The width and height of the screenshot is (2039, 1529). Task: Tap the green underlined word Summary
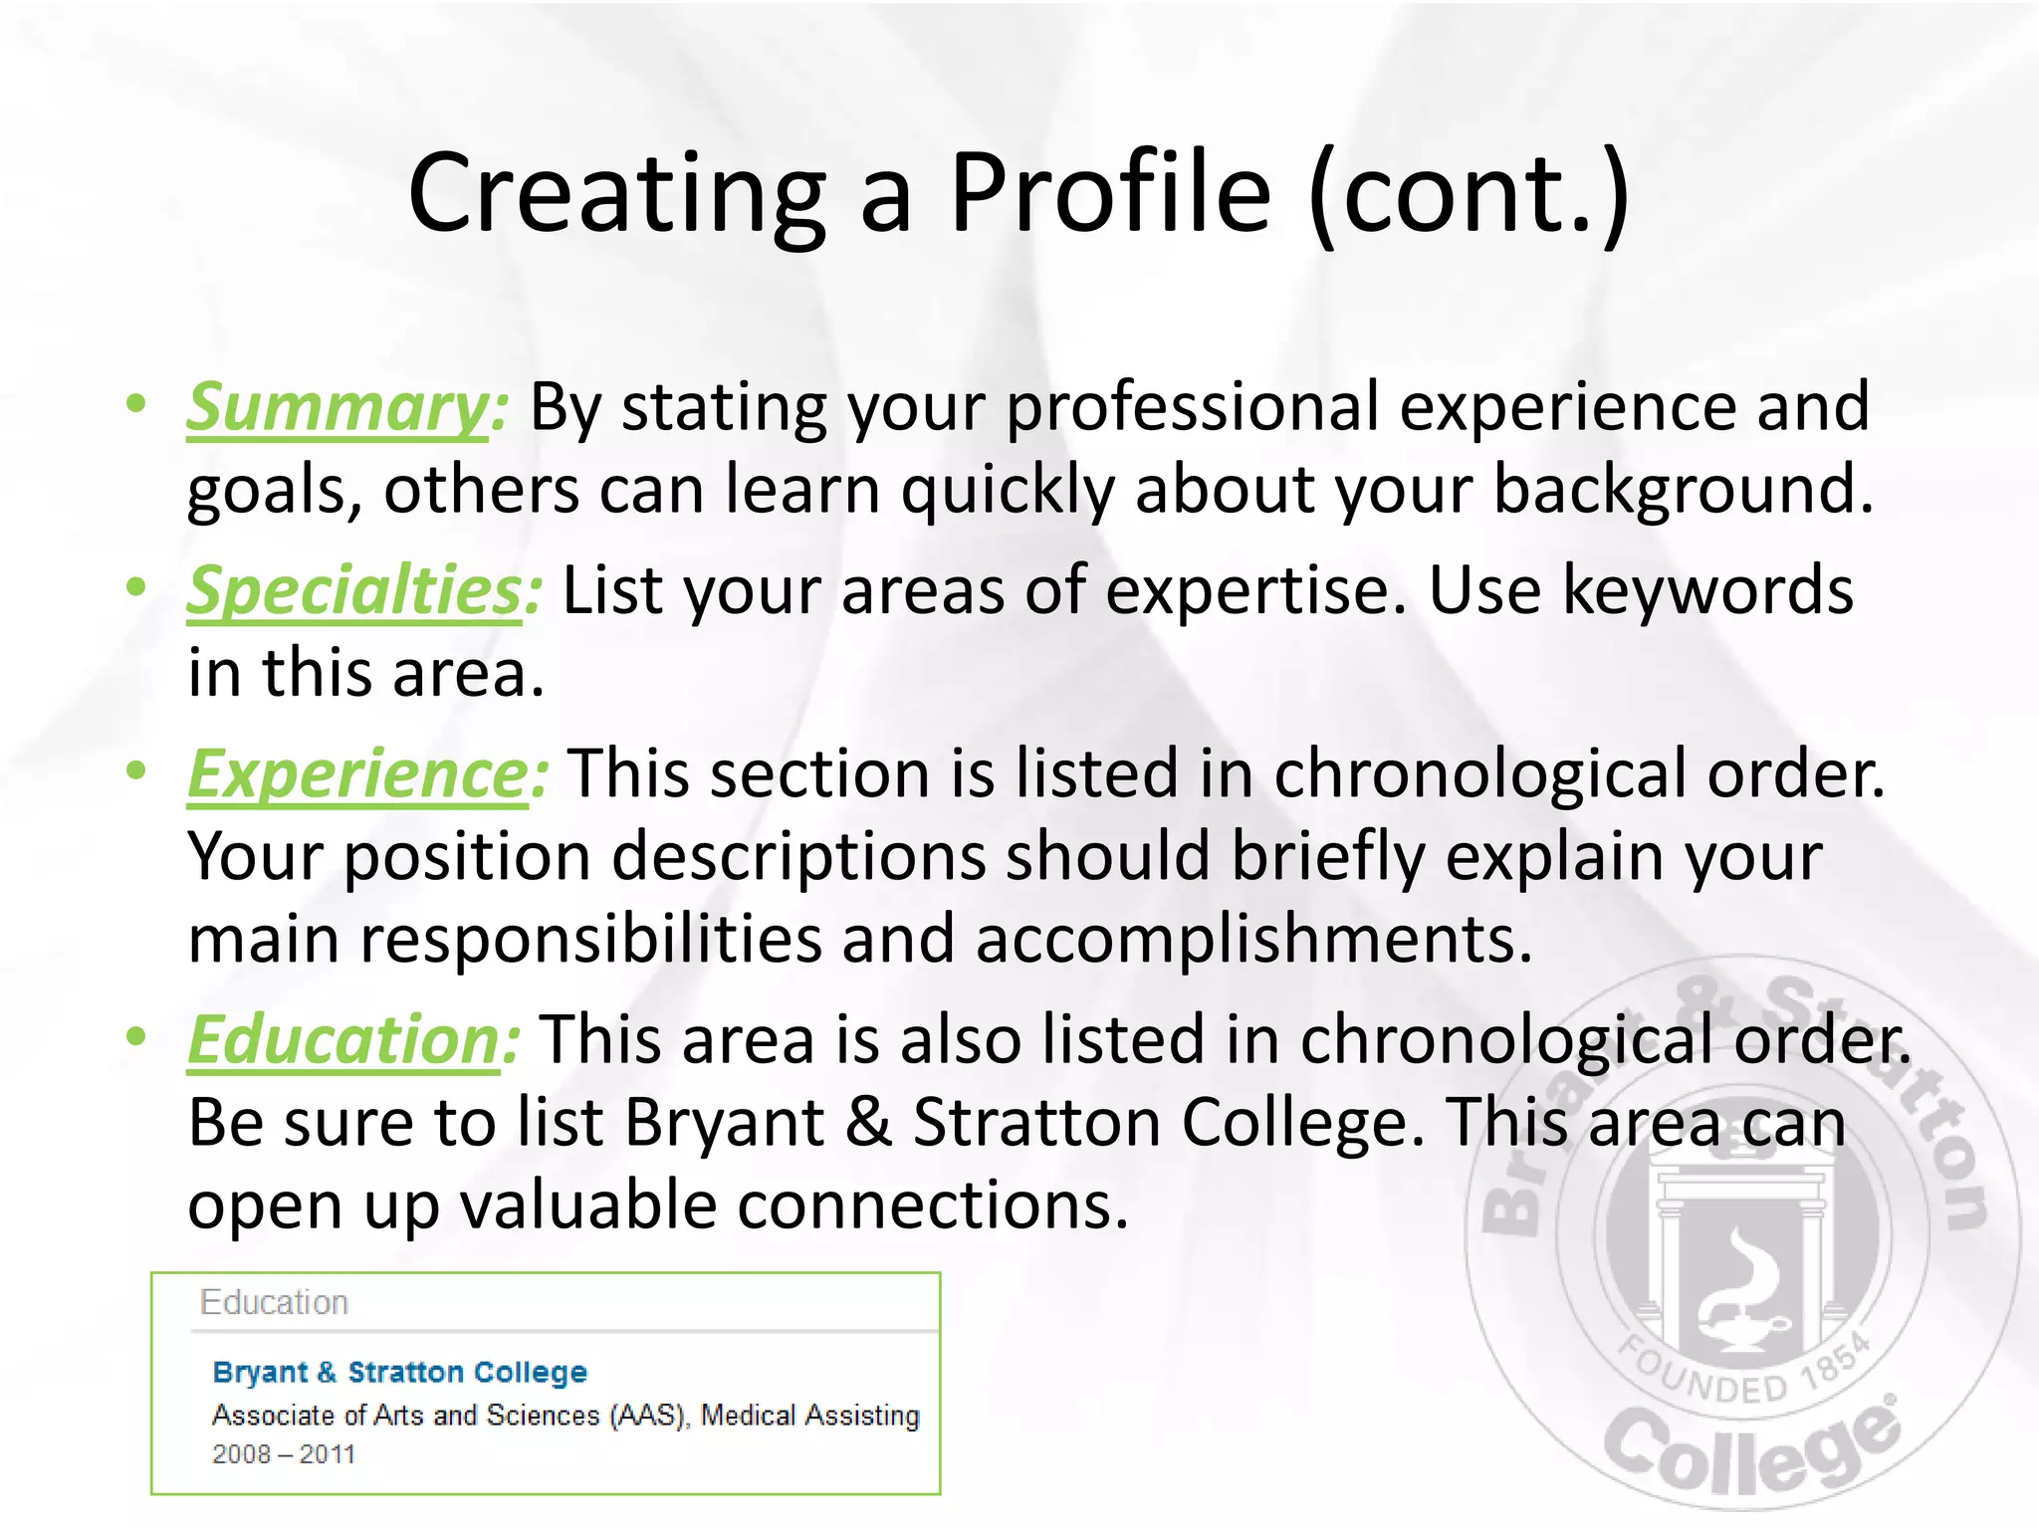tap(339, 407)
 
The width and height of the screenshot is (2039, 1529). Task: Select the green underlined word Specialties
tap(354, 590)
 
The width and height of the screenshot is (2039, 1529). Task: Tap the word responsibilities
tap(590, 939)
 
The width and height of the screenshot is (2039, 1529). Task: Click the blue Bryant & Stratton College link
tap(399, 1372)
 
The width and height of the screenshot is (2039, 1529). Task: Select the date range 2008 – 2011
tap(284, 1454)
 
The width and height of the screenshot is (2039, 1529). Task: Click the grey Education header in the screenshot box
tap(274, 1302)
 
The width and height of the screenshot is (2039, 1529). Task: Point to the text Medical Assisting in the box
tap(809, 1415)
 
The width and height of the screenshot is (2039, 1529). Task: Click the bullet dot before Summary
tap(136, 403)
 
